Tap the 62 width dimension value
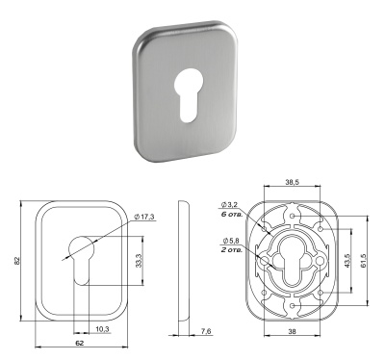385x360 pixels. coord(80,343)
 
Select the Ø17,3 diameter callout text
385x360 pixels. coord(144,218)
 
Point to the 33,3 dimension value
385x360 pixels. coord(139,261)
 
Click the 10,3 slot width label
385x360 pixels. coord(102,329)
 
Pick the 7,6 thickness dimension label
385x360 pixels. coord(204,331)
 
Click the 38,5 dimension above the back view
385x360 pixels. coord(293,182)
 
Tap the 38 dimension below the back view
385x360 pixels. coord(292,332)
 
